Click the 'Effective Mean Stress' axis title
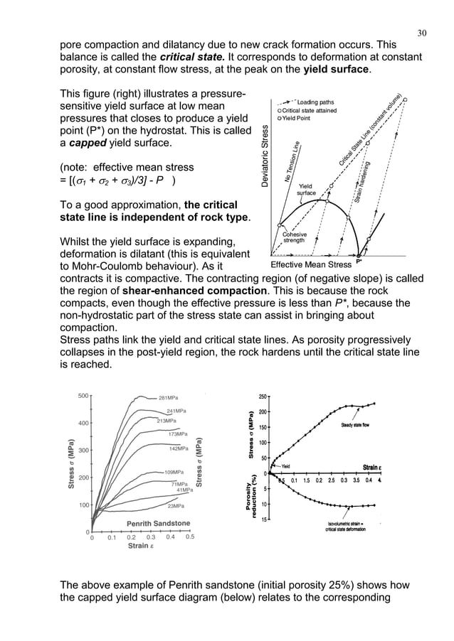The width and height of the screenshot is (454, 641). point(312,264)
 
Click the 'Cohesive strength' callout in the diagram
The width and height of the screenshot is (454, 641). point(295,237)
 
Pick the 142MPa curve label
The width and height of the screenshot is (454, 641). point(178,449)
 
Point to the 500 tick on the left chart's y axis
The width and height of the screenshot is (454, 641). point(82,395)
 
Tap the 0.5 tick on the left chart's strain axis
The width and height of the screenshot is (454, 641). point(189,538)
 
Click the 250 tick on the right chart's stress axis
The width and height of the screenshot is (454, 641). point(264,396)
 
